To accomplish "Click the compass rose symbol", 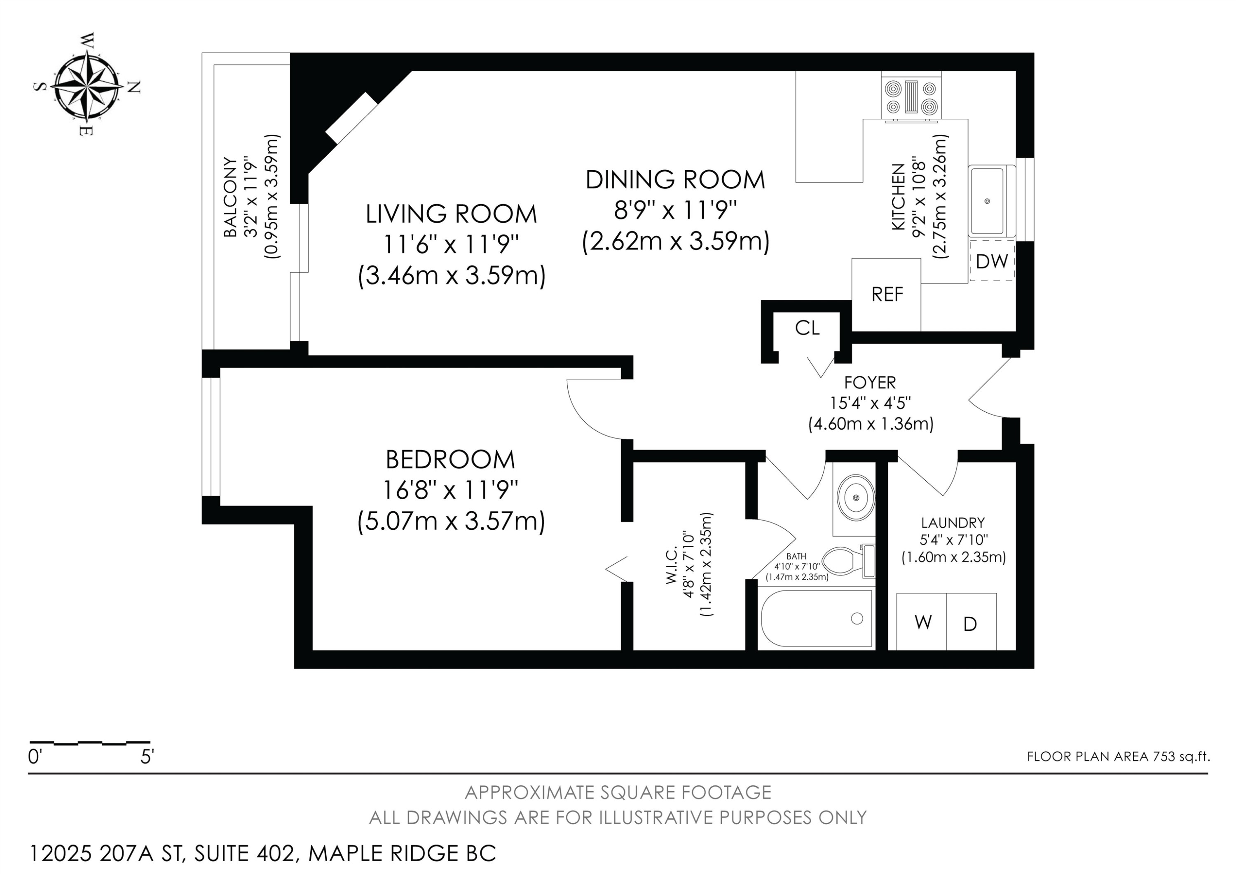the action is point(86,86).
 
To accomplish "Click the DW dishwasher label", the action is point(992,261).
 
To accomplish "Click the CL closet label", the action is point(807,327).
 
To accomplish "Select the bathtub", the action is point(816,619).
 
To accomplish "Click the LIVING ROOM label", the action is point(451,214).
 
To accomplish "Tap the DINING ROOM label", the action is point(675,180).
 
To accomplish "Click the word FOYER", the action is point(870,382).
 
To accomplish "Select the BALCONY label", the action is point(230,197).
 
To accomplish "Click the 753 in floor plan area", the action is point(1163,757).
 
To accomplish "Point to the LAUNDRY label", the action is point(953,522).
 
